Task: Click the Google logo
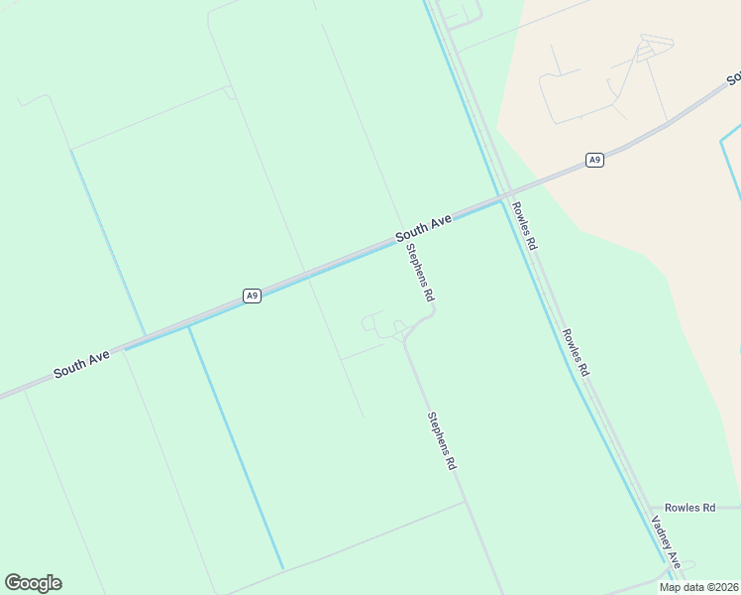click(x=33, y=583)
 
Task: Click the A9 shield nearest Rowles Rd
click(x=594, y=160)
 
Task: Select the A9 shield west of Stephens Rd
click(x=253, y=296)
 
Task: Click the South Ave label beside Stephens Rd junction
click(x=423, y=227)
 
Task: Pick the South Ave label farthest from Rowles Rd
click(x=81, y=364)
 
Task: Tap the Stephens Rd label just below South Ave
click(x=420, y=273)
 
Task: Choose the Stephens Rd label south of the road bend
click(x=442, y=440)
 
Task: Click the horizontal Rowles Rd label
click(x=689, y=508)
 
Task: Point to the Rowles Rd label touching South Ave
click(x=523, y=225)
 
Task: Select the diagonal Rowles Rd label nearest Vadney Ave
click(x=576, y=352)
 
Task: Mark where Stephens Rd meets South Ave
click(x=400, y=239)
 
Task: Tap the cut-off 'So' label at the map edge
click(x=733, y=78)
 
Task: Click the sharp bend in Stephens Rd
click(x=433, y=309)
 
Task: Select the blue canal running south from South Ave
click(x=236, y=446)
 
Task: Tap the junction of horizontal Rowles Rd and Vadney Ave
click(x=653, y=508)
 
